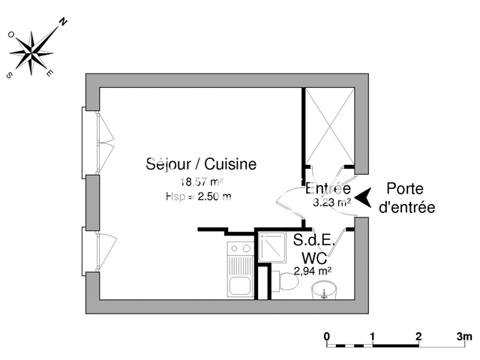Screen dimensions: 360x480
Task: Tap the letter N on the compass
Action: pos(63,23)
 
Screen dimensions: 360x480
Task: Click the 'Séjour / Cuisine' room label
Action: pos(201,163)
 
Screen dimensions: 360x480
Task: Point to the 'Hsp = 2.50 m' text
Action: pos(198,196)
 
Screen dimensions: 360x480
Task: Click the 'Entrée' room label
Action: pos(328,187)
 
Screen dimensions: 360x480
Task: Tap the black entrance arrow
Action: pos(363,197)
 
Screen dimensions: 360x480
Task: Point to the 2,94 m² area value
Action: pos(313,271)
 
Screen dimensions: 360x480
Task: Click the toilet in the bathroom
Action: pos(286,283)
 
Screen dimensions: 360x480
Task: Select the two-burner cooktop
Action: pos(241,248)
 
